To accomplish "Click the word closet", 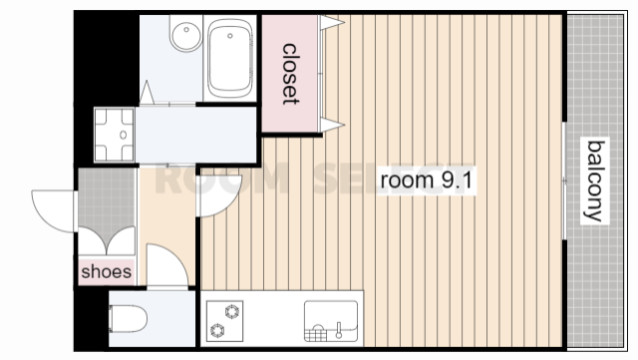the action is coord(290,74).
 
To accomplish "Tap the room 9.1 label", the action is coord(426,180).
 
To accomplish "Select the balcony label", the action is coord(594,180).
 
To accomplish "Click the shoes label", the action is coord(107,271).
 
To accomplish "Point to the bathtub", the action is coord(229,58).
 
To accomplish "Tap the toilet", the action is coord(128,319).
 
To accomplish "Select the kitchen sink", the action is coord(331,321).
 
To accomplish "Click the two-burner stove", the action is coord(224,321).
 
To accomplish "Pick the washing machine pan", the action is coord(114,135).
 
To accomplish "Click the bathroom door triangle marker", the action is coord(147,93).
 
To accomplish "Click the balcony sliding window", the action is coord(564,180).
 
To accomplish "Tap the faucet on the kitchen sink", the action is coord(339,330).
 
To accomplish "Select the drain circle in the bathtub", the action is coord(230,36).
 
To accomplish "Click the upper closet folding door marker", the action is coord(331,23).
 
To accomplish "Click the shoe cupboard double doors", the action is coord(107,240).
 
